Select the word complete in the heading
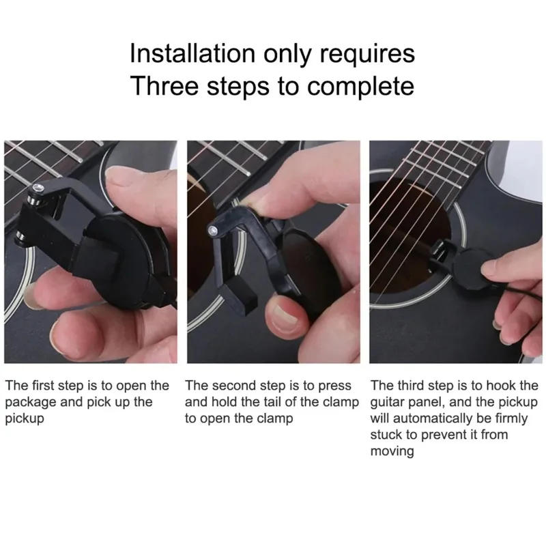tap(361, 87)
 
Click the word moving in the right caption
tap(392, 451)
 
